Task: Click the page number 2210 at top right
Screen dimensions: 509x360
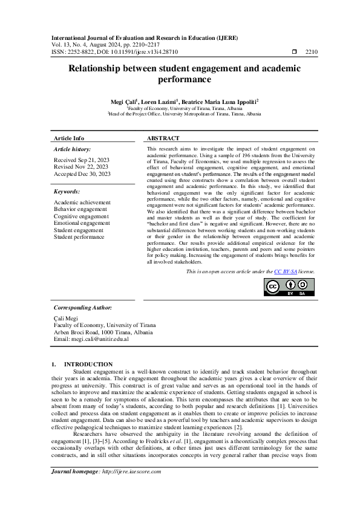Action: (312, 52)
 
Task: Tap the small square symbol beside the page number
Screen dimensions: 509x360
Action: (294, 52)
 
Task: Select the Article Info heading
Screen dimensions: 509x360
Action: (69, 138)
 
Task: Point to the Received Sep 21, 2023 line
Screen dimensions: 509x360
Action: (82, 160)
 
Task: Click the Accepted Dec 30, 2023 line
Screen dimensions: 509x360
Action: (82, 173)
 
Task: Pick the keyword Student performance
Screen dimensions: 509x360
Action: (79, 237)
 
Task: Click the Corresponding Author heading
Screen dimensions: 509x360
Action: (83, 308)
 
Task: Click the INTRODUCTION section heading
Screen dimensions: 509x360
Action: (88, 364)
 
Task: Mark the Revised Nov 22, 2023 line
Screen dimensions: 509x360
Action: (81, 166)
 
